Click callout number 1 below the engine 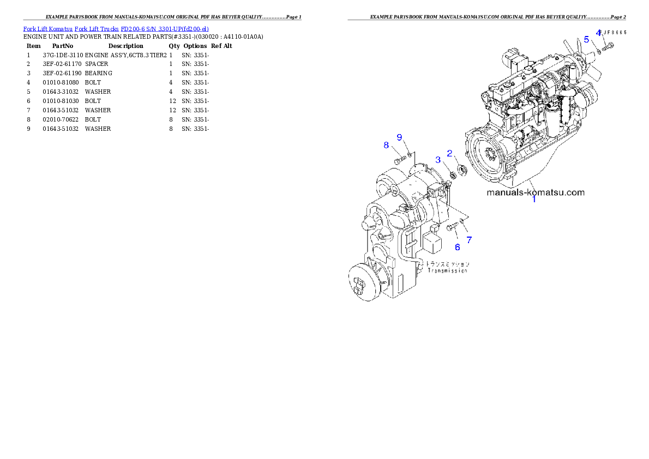[534, 200]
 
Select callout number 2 [450, 153]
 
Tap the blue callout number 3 [438, 160]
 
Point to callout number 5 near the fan [586, 39]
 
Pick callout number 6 [458, 247]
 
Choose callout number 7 [469, 239]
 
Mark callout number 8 [386, 145]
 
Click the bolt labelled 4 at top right [608, 46]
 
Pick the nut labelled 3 [452, 176]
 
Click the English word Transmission [447, 270]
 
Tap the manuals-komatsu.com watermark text [535, 192]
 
